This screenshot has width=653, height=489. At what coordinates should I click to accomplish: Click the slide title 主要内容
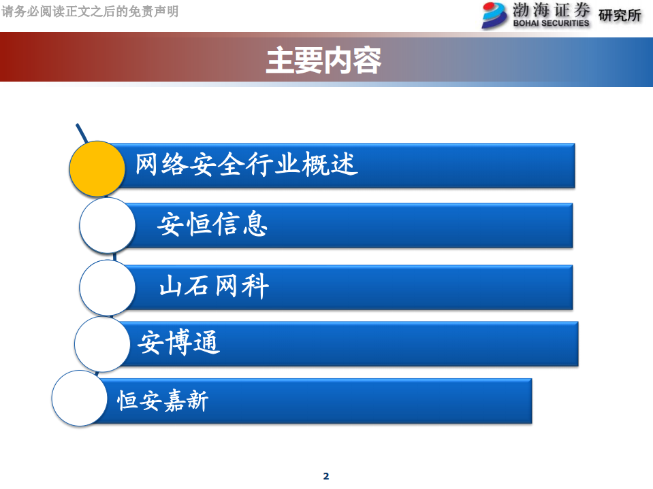coord(323,60)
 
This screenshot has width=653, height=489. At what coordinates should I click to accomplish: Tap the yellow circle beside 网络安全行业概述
coord(97,169)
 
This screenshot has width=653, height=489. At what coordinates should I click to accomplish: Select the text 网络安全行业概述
coord(246,165)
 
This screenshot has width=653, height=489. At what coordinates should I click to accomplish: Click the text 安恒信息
coord(212,224)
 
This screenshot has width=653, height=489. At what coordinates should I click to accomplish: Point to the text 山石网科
coord(214,286)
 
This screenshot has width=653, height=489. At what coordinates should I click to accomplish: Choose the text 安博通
coord(179,342)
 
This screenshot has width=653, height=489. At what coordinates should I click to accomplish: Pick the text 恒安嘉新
coord(163,400)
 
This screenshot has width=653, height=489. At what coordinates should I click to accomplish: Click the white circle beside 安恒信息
coord(108,225)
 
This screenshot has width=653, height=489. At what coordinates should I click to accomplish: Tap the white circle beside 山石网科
coord(107,287)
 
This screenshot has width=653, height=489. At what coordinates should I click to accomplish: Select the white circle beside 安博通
coord(102,344)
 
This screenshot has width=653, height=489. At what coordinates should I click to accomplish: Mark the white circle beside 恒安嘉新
coord(80,399)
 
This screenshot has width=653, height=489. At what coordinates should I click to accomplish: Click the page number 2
coord(325,476)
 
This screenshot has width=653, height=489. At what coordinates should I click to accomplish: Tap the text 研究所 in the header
coord(620,15)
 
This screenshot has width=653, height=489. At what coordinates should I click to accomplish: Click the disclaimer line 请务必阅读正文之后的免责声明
coord(90,12)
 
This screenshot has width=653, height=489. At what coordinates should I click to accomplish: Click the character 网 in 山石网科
coord(227,286)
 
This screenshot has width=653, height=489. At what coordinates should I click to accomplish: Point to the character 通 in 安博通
coord(207,342)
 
